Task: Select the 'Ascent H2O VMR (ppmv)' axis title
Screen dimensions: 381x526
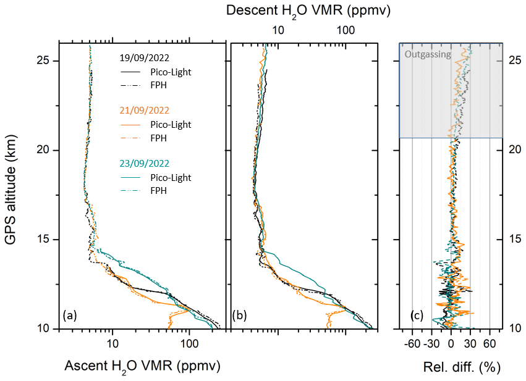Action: click(x=142, y=366)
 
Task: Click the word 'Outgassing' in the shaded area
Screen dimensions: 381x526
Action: click(x=427, y=54)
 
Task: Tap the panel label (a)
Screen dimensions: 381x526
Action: click(x=69, y=316)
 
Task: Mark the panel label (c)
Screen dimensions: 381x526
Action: click(x=417, y=316)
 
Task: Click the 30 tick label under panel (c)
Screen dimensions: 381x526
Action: click(x=470, y=343)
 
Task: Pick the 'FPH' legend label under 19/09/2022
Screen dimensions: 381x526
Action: click(x=159, y=85)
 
